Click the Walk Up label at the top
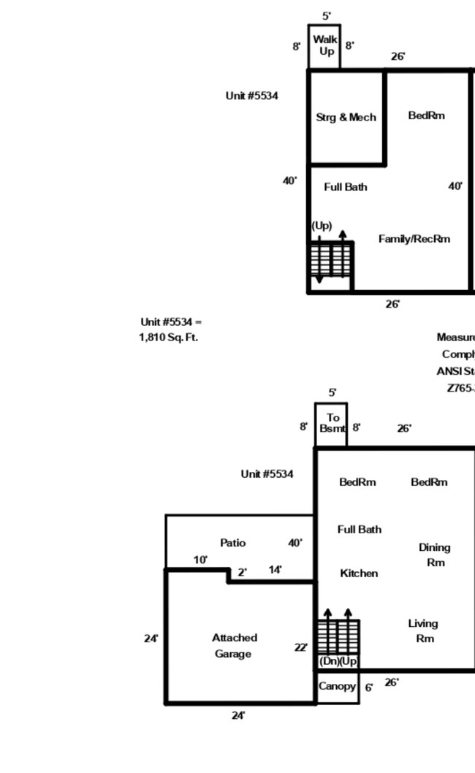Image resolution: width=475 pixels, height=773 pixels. pos(324,45)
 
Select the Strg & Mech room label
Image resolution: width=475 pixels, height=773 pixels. pos(346,117)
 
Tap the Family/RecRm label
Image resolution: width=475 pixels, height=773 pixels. pos(414,239)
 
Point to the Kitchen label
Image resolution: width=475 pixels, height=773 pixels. pos(359,574)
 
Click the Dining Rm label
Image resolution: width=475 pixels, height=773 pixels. pos(434,555)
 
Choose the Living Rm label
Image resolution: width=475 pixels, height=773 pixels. pos(423,631)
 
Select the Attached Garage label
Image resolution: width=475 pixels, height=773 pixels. pos(234,646)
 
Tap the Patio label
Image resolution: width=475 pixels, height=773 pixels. pos(232,543)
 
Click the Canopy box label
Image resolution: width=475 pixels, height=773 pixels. pos(337,687)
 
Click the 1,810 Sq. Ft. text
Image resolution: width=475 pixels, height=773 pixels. pos(168,338)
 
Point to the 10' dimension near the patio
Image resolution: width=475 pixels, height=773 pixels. pos(200,560)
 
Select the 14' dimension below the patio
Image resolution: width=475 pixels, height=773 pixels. pos(275,570)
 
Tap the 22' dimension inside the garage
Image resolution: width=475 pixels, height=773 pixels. pos(300,647)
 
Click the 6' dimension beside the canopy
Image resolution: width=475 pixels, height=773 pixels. pos(369,688)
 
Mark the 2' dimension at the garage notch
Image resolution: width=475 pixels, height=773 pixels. pos(241,572)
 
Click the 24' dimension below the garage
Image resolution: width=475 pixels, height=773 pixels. pos(238,715)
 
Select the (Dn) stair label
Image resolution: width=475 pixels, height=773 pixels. pos(329,661)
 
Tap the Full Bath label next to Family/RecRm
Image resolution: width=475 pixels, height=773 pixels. pos(345,187)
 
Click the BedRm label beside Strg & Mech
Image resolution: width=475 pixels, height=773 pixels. pos(426,115)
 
